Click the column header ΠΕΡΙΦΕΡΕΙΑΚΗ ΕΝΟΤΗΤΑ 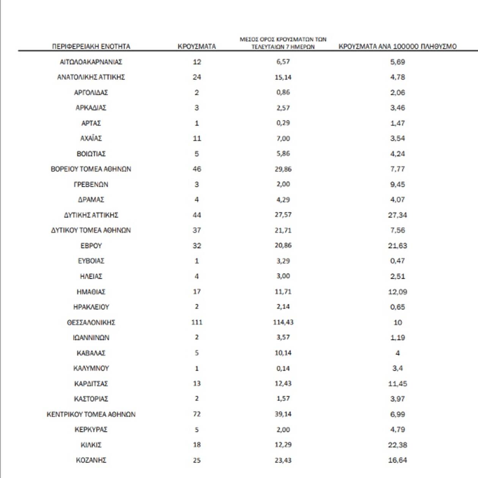tap(91, 47)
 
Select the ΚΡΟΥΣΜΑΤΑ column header tap(197, 47)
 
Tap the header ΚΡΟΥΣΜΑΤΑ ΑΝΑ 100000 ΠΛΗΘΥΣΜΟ tap(397, 47)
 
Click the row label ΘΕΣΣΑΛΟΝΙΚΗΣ tap(91, 322)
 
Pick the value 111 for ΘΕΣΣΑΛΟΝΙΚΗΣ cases tap(197, 322)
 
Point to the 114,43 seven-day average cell tap(283, 322)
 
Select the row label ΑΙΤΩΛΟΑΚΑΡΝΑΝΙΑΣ tap(91, 62)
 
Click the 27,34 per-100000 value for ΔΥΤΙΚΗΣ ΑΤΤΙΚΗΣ tap(397, 215)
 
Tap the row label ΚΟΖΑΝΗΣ tap(91, 460)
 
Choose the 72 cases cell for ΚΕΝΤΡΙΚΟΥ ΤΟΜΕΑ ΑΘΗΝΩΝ tap(197, 414)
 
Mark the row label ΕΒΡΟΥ tap(91, 246)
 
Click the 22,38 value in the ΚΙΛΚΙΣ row tap(397, 445)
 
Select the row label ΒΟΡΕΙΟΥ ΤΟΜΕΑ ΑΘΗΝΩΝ tap(91, 169)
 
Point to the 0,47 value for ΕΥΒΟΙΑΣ tap(397, 261)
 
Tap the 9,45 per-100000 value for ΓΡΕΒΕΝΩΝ tap(397, 185)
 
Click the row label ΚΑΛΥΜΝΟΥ tap(91, 368)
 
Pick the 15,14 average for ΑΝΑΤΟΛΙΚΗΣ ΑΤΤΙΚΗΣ tap(283, 77)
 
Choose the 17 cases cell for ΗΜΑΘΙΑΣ tap(197, 292)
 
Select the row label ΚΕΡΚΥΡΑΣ tap(91, 429)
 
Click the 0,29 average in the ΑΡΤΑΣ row tap(283, 123)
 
